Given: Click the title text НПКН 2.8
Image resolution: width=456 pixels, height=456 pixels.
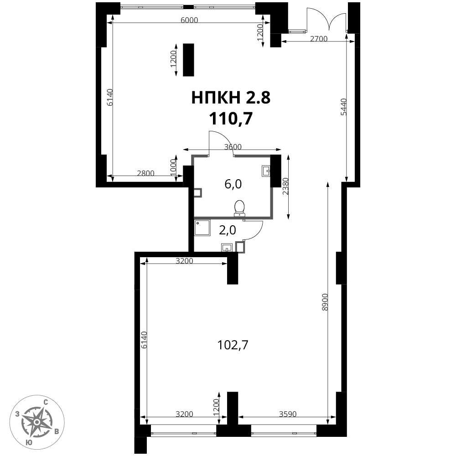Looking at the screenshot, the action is pyautogui.click(x=231, y=98).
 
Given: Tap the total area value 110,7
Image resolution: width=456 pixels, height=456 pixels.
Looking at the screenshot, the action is pyautogui.click(x=231, y=119).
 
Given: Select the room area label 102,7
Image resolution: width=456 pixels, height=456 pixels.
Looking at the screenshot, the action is pyautogui.click(x=233, y=345).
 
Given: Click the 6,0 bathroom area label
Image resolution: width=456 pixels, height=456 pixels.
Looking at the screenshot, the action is pyautogui.click(x=233, y=184).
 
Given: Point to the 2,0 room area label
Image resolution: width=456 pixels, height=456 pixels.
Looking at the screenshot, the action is pyautogui.click(x=227, y=230).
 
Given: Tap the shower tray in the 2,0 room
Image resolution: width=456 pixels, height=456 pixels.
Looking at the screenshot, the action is pyautogui.click(x=202, y=228).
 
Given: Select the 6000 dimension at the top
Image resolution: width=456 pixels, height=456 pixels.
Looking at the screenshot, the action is pyautogui.click(x=189, y=20).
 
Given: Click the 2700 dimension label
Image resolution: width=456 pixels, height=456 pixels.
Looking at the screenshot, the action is pyautogui.click(x=318, y=39).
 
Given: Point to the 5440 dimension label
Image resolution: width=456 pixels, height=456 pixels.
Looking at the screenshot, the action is pyautogui.click(x=344, y=107).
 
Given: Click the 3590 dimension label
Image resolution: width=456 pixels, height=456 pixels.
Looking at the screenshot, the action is pyautogui.click(x=288, y=414).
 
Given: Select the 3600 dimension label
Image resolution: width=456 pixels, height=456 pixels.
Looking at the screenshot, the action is pyautogui.click(x=233, y=147).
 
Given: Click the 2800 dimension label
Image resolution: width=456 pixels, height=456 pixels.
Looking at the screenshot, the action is pyautogui.click(x=145, y=173).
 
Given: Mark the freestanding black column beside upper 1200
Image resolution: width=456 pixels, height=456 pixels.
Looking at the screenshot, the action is pyautogui.click(x=188, y=60).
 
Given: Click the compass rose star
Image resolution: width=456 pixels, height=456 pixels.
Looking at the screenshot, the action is pyautogui.click(x=37, y=421).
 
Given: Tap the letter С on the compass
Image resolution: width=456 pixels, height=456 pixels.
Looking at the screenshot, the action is pyautogui.click(x=45, y=403).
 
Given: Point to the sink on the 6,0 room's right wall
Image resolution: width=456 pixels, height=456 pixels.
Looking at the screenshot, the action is pyautogui.click(x=266, y=171).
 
